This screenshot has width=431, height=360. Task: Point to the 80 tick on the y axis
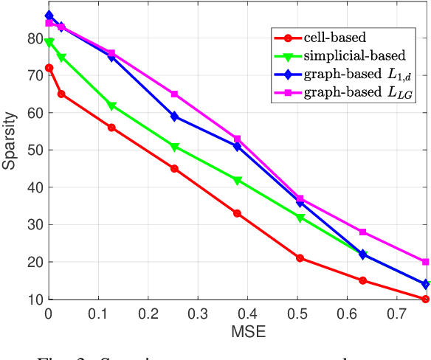click(x=34, y=38)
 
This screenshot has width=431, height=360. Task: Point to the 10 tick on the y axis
click(x=34, y=300)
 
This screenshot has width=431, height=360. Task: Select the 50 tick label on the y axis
click(x=34, y=150)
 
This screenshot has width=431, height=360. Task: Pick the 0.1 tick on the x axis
click(x=98, y=313)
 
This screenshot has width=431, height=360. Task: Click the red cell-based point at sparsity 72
click(x=49, y=68)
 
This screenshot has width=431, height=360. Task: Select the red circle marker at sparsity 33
click(x=237, y=213)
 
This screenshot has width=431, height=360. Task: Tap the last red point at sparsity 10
click(x=425, y=299)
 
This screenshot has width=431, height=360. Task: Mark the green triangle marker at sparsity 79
click(x=49, y=42)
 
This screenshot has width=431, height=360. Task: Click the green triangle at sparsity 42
click(x=237, y=180)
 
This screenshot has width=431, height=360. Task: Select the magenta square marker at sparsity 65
click(x=174, y=94)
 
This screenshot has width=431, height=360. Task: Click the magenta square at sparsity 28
click(x=362, y=232)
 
